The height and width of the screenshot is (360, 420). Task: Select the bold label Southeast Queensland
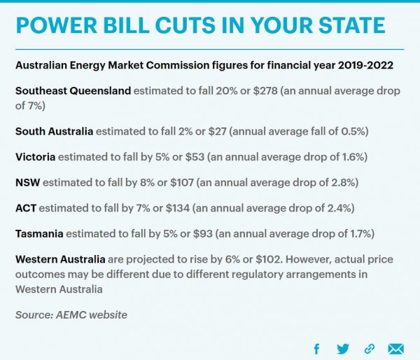pyautogui.click(x=73, y=91)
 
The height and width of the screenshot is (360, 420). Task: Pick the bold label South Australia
pyautogui.click(x=54, y=131)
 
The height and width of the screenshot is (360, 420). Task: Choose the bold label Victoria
pyautogui.click(x=35, y=157)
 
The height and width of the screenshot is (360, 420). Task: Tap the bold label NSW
pyautogui.click(x=27, y=183)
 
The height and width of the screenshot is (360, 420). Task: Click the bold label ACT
pyautogui.click(x=26, y=209)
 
